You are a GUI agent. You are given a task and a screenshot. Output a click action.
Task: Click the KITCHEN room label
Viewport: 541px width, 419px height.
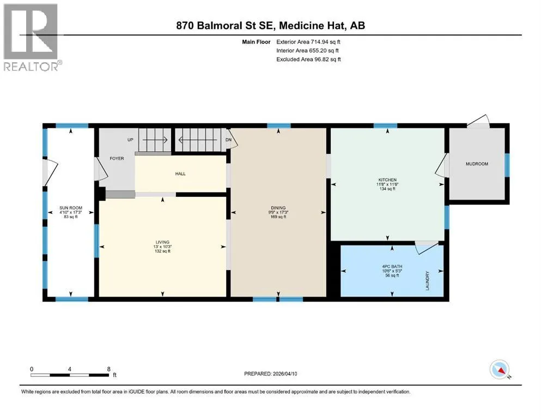(x=387, y=180)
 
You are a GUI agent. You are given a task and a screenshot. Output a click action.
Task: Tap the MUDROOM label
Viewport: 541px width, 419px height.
(x=477, y=164)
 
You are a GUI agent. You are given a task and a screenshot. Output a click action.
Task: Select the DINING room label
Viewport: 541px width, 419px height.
(x=278, y=208)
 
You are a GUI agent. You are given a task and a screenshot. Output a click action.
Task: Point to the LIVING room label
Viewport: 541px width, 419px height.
(x=162, y=242)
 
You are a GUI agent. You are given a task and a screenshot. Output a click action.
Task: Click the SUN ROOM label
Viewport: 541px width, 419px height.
(x=71, y=208)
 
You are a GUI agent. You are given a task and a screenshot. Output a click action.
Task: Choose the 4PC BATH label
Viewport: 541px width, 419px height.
(x=392, y=267)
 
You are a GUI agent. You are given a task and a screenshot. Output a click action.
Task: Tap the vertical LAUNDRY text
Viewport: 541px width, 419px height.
(x=427, y=280)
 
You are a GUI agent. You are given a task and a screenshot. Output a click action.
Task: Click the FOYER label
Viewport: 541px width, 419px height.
(x=117, y=158)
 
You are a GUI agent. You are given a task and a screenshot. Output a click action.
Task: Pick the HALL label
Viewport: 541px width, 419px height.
(x=180, y=173)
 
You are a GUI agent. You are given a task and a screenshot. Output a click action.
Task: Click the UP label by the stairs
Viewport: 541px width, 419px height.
(x=130, y=140)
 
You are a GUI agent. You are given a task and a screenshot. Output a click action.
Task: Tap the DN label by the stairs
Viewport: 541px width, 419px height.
(x=228, y=140)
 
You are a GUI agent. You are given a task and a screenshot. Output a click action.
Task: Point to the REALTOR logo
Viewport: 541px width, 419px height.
(x=32, y=37)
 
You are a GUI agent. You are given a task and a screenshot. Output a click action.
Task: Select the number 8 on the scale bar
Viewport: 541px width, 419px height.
(x=108, y=369)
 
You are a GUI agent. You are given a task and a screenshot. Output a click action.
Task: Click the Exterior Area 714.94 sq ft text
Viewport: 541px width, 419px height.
(x=308, y=42)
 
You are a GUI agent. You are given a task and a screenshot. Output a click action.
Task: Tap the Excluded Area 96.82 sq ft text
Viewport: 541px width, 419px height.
(x=308, y=59)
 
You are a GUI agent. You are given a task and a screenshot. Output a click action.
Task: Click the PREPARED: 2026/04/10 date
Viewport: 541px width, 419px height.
(x=270, y=374)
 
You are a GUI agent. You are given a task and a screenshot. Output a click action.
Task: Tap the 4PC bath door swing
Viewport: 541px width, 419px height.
(x=427, y=247)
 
